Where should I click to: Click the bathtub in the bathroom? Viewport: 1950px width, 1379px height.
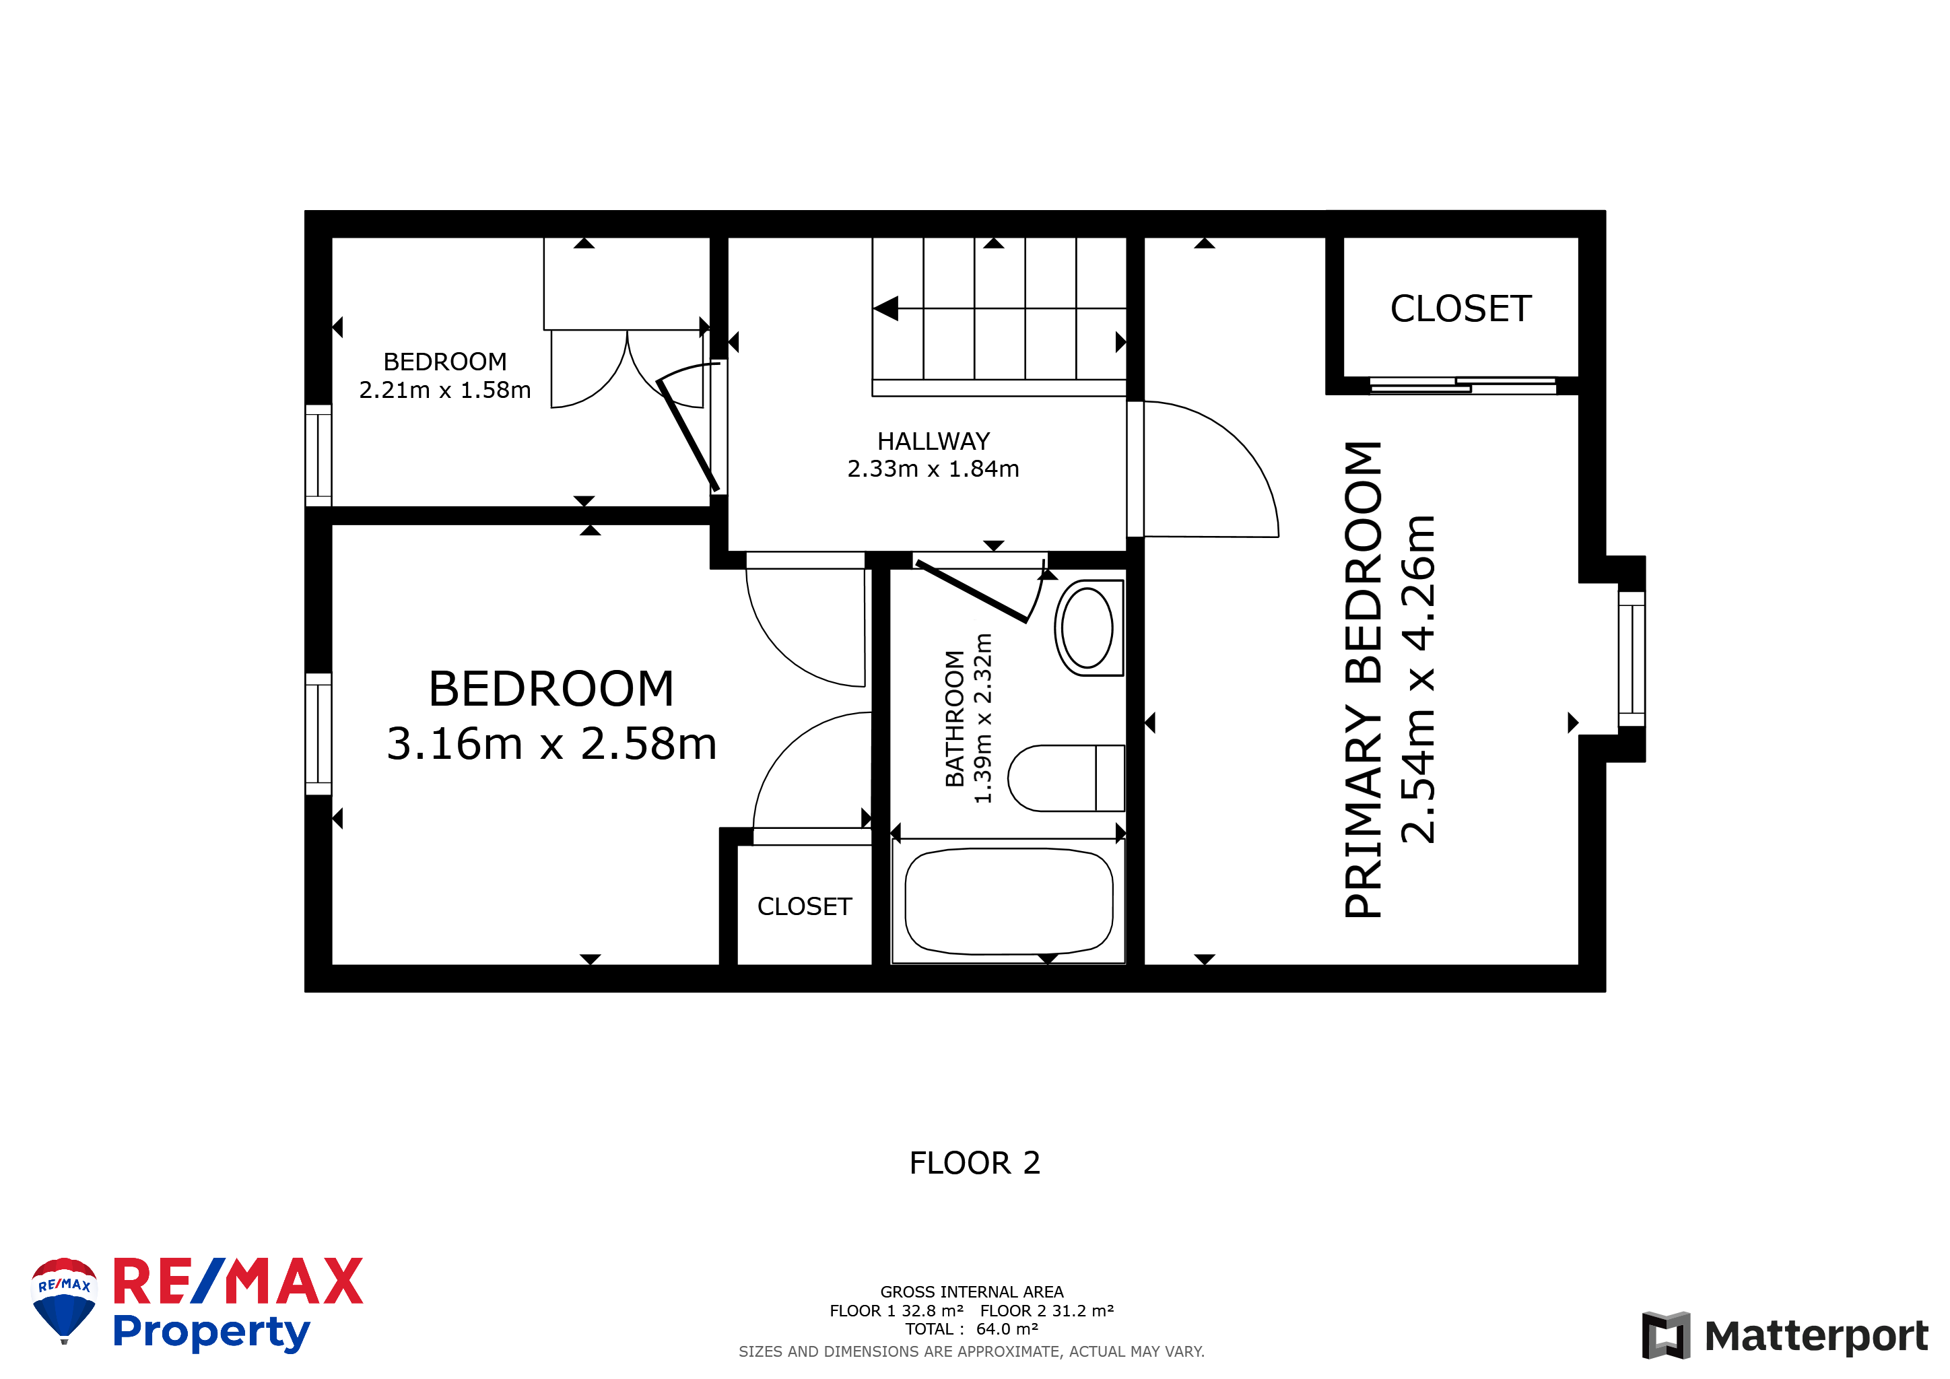coord(1009,902)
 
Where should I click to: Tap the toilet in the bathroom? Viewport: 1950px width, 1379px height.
coord(1066,778)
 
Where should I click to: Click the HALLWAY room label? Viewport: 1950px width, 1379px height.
coord(933,442)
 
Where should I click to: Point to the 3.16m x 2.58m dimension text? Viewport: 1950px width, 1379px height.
coord(551,744)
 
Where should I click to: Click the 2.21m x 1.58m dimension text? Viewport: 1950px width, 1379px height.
coord(445,390)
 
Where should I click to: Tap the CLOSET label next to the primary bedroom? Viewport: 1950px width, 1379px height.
coord(1460,308)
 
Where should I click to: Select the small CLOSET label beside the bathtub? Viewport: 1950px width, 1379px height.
coord(804,907)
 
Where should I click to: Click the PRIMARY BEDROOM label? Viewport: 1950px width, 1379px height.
coord(1363,679)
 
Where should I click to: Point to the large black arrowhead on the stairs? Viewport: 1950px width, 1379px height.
coord(886,308)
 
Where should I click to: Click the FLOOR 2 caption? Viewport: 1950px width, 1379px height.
coord(975,1164)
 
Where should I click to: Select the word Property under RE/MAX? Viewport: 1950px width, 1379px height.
coord(211,1333)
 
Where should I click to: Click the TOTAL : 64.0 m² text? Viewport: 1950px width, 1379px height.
coord(972,1329)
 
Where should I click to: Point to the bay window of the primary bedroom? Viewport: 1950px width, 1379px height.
coord(1632,659)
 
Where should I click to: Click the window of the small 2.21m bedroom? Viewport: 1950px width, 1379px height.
coord(318,455)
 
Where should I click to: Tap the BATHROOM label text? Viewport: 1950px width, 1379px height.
coord(955,718)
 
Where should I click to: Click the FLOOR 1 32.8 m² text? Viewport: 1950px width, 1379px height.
coord(897,1311)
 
